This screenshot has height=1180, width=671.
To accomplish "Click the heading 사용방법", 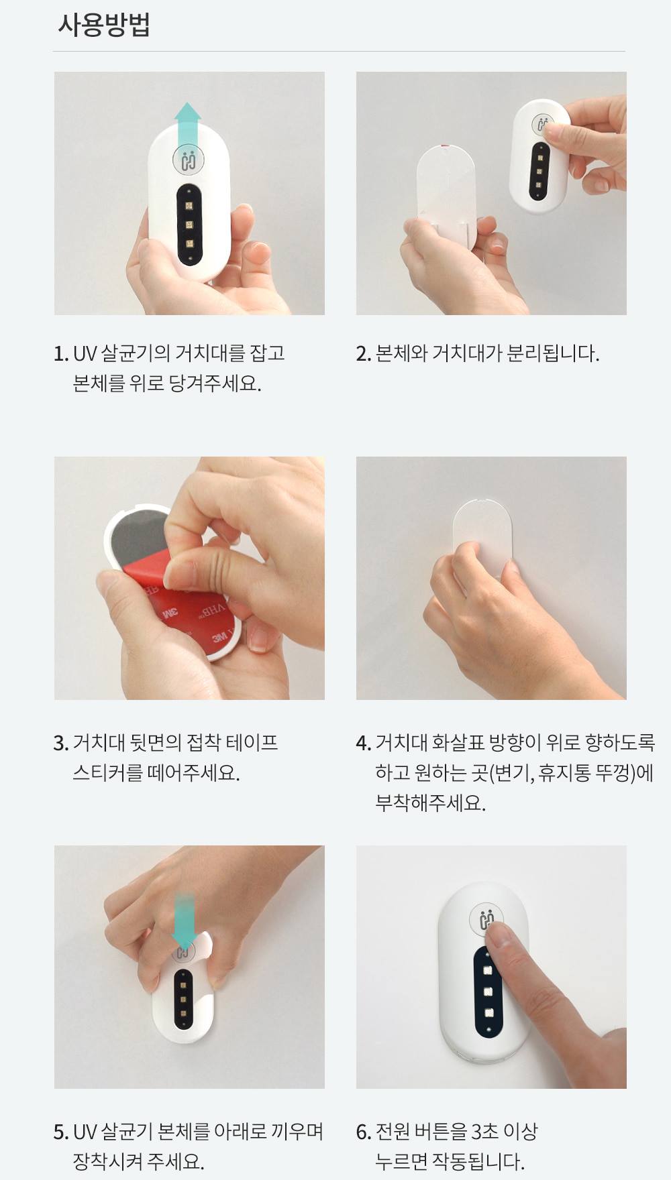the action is [x=103, y=25].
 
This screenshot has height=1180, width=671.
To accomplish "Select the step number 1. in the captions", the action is [x=61, y=353].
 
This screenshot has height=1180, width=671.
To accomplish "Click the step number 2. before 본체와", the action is [x=364, y=353].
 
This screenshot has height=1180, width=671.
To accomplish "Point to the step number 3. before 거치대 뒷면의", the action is [x=61, y=743].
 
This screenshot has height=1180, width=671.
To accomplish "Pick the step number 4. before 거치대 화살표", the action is [x=364, y=743].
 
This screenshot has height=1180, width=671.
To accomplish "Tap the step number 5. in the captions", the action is [x=61, y=1132].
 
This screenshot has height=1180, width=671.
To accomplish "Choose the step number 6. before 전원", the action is [x=364, y=1132].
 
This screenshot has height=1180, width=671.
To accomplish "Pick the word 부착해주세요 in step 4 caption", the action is [x=430, y=803].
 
